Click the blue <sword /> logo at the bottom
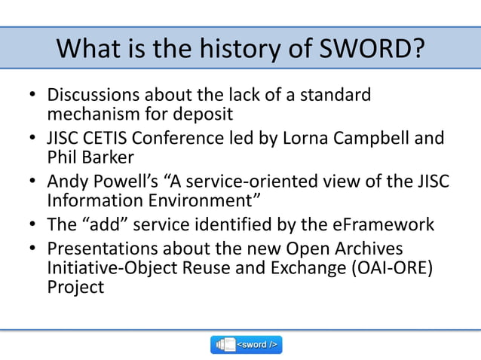pyautogui.click(x=246, y=344)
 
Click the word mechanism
pyautogui.click(x=94, y=114)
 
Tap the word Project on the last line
pyautogui.click(x=75, y=287)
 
